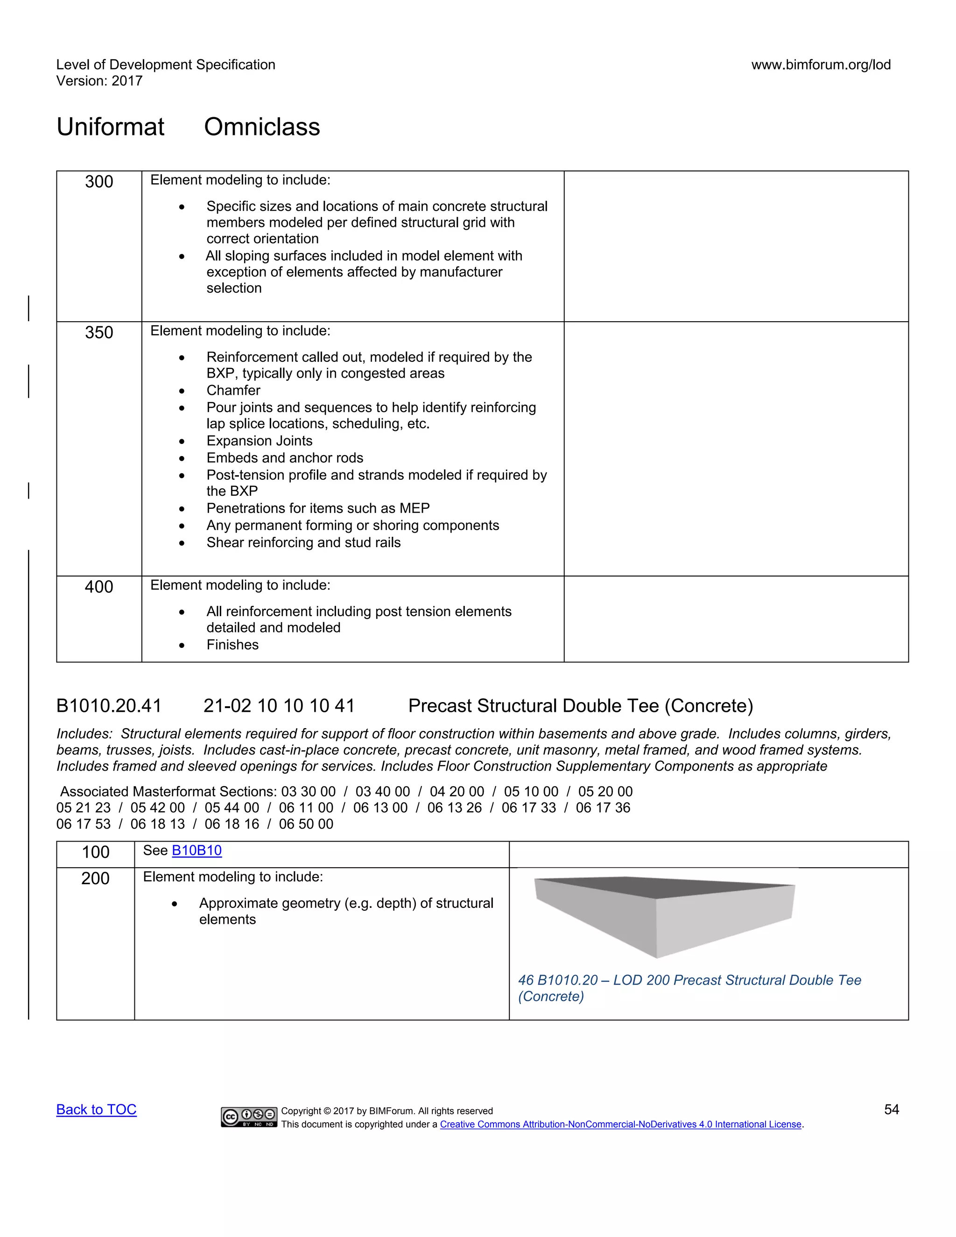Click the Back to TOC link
(96, 1110)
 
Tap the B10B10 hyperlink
(197, 850)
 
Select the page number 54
(892, 1110)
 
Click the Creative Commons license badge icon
(249, 1117)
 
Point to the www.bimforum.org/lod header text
(821, 64)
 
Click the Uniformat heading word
(111, 127)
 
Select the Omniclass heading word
(262, 127)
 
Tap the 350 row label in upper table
(99, 332)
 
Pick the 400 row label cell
(99, 587)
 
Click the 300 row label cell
(99, 182)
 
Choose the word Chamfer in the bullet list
(233, 391)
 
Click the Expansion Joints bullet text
(260, 441)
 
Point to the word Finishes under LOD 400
(232, 645)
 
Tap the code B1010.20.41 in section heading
(109, 706)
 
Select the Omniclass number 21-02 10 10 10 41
(279, 706)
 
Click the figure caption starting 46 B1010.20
(689, 988)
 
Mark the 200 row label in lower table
(95, 879)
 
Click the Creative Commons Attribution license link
(621, 1125)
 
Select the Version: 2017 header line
(99, 81)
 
